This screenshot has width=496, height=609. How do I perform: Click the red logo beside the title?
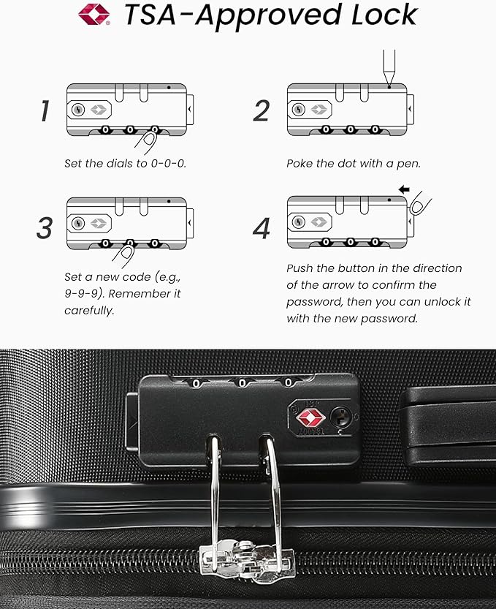pyautogui.click(x=94, y=14)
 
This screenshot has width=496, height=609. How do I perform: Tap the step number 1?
pyautogui.click(x=45, y=110)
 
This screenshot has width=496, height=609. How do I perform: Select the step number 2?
pyautogui.click(x=262, y=110)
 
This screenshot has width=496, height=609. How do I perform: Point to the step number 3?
pyautogui.click(x=45, y=227)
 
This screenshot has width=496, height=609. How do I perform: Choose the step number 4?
pyautogui.click(x=262, y=227)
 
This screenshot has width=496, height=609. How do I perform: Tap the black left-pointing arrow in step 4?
pyautogui.click(x=404, y=189)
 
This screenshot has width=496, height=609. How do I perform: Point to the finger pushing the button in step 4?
pyautogui.click(x=420, y=205)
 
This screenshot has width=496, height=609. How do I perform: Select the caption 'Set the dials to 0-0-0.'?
pyautogui.click(x=125, y=163)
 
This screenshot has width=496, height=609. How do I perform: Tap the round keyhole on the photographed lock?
pyautogui.click(x=340, y=417)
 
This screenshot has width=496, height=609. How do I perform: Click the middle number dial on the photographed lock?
pyautogui.click(x=242, y=382)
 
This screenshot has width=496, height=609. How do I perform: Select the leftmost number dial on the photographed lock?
pyautogui.click(x=196, y=382)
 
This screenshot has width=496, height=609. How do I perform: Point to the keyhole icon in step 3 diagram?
pyautogui.click(x=79, y=222)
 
